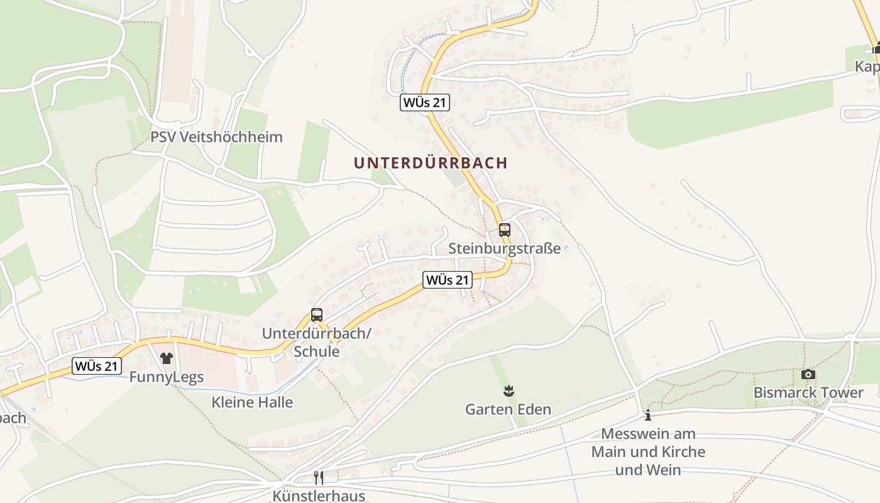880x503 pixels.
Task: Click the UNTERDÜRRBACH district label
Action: click(x=431, y=163)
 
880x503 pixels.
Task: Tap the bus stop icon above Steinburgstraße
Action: click(x=504, y=230)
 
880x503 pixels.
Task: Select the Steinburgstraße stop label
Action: click(x=504, y=249)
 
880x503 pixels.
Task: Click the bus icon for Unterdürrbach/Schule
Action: click(x=317, y=315)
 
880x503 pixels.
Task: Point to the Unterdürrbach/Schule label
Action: click(x=317, y=342)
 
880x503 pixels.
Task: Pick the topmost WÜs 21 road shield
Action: click(x=425, y=102)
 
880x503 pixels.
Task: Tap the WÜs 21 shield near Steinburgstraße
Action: click(x=448, y=280)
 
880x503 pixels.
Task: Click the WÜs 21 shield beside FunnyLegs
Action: click(x=97, y=366)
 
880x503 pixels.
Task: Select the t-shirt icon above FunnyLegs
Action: click(x=166, y=358)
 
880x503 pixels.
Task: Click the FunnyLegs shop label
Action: click(x=166, y=377)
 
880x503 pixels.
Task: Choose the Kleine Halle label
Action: click(x=252, y=402)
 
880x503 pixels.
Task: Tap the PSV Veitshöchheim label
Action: click(x=216, y=137)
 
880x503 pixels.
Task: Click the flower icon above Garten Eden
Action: click(x=508, y=392)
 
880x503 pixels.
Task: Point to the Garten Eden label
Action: click(x=508, y=410)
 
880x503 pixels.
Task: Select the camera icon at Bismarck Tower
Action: click(x=808, y=375)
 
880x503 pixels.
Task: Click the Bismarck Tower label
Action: click(x=808, y=393)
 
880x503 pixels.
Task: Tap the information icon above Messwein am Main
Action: click(x=648, y=416)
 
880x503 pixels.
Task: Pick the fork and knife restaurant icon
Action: click(x=319, y=478)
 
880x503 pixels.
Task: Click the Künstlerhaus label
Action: click(x=319, y=496)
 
